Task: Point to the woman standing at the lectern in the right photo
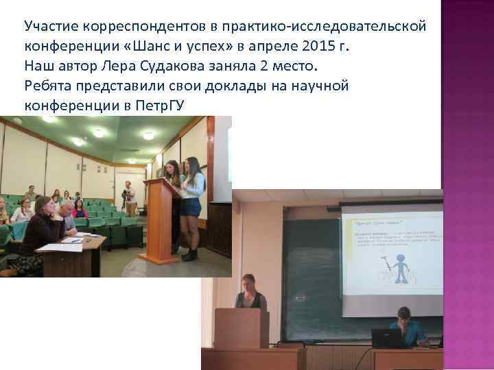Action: [x=250, y=294]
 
